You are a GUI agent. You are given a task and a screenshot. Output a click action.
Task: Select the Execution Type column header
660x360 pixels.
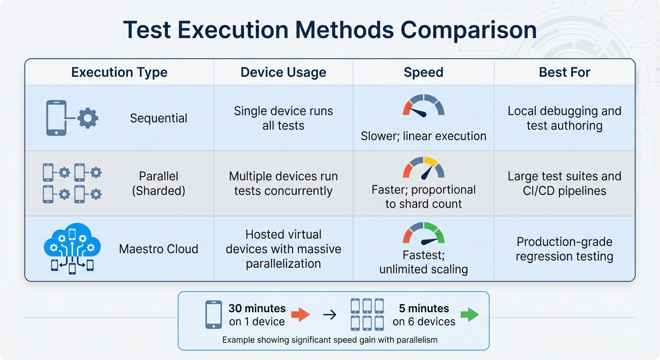[119, 72]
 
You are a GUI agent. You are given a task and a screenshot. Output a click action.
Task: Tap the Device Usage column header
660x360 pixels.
[283, 72]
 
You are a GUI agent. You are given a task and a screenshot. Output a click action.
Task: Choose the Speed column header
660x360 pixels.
[423, 72]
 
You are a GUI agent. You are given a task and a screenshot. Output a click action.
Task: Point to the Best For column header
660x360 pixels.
[564, 72]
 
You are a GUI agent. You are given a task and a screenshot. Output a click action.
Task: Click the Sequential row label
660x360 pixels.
[158, 118]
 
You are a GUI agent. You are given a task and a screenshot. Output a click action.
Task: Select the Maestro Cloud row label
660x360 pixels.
[158, 248]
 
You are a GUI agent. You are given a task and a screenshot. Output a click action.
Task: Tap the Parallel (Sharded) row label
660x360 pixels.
[158, 183]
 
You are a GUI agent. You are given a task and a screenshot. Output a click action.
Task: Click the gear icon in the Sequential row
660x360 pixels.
[88, 118]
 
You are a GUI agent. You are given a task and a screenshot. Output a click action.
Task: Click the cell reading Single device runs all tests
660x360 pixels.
[283, 118]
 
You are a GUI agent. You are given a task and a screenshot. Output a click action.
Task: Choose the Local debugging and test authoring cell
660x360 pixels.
[564, 118]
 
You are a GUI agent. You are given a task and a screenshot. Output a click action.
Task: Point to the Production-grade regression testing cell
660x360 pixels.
[564, 249]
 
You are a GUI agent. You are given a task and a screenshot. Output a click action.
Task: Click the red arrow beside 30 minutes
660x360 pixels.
[300, 315]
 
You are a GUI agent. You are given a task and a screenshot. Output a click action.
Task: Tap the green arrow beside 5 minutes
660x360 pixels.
[469, 315]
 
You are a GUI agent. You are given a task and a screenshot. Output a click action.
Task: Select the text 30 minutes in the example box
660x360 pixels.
[257, 308]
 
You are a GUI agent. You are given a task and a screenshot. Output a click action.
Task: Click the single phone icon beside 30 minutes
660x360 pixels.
[213, 315]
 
